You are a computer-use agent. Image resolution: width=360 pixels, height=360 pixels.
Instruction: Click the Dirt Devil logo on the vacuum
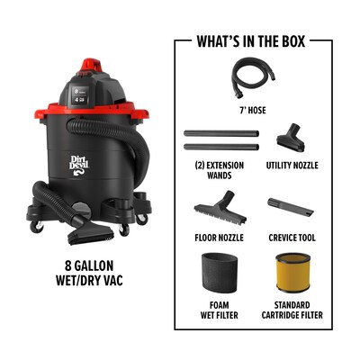[x=79, y=165]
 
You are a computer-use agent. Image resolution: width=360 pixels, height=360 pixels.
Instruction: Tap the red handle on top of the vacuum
[x=93, y=65]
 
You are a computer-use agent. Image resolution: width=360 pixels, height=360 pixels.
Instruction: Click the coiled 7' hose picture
[x=253, y=77]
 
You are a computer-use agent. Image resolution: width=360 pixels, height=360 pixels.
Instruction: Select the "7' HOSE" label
[x=253, y=111]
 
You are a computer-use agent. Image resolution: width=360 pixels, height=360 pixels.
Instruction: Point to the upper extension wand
[x=221, y=133]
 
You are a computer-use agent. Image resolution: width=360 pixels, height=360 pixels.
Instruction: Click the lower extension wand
[x=221, y=147]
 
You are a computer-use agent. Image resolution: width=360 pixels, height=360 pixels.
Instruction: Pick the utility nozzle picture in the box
[x=291, y=138]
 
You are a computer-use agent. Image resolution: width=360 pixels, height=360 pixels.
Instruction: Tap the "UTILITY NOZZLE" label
[x=292, y=166]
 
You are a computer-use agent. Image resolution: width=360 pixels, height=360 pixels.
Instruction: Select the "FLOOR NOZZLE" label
[x=219, y=238]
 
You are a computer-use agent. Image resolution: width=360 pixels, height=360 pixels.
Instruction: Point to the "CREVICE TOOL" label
[x=292, y=238]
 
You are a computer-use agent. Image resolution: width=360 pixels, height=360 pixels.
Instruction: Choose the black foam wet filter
[x=219, y=273]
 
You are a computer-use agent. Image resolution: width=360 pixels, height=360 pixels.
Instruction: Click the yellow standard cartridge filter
[x=292, y=273]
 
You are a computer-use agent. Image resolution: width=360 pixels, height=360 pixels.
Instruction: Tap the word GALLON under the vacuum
[x=94, y=265]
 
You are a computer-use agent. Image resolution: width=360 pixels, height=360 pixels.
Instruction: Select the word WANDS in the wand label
[x=219, y=175]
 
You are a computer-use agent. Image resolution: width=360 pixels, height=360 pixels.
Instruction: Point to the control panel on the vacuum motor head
[x=80, y=95]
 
